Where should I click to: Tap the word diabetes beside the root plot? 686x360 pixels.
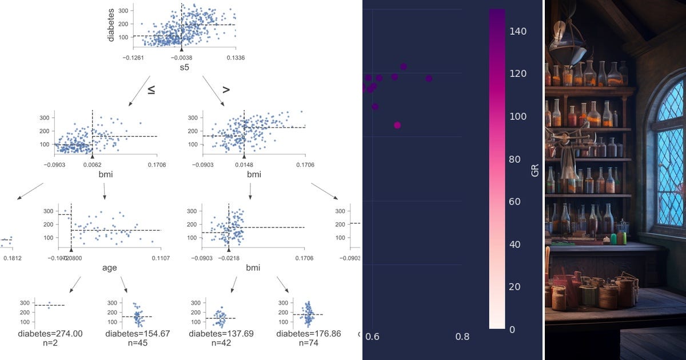111,24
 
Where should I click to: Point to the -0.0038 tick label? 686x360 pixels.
181,58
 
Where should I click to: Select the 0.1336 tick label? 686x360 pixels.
236,58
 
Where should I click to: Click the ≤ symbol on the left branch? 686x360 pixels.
151,90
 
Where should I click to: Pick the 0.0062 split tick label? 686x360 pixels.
92,165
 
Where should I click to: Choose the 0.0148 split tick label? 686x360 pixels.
244,165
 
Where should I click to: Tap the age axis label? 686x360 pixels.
109,267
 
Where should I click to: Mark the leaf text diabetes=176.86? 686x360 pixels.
308,334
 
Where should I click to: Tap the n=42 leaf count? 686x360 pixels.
221,344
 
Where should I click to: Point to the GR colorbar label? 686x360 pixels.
535,170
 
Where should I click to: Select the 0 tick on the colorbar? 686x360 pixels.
512,329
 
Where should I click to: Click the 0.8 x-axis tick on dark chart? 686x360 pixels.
462,337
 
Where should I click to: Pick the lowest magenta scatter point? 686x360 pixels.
397,125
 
